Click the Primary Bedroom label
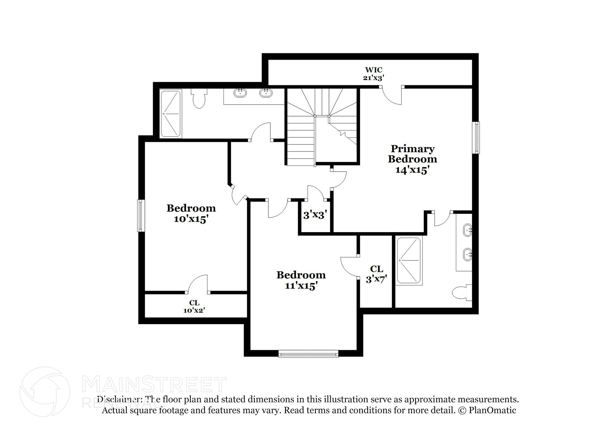pos(412,154)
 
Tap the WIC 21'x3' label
pos(374,74)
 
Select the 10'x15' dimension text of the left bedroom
pos(191,219)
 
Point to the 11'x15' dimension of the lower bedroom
pos(301,285)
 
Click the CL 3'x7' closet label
pos(376,274)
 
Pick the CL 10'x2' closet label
pos(194,307)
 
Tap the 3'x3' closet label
pos(315,216)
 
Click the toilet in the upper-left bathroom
pos(199,99)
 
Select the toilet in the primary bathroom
pos(461,293)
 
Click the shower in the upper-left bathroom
pos(171,114)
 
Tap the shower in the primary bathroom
pos(408,261)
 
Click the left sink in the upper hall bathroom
pos(240,93)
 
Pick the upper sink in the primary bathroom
pos(467,230)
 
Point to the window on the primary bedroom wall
pos(477,138)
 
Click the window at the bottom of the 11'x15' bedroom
pos(308,354)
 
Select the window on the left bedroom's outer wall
pos(141,216)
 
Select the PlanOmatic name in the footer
pos(492,410)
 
